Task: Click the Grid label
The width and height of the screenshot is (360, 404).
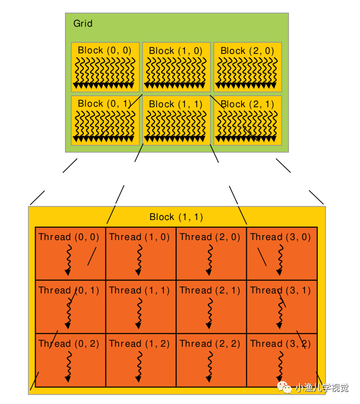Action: [83, 23]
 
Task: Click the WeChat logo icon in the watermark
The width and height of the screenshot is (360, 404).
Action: [284, 387]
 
